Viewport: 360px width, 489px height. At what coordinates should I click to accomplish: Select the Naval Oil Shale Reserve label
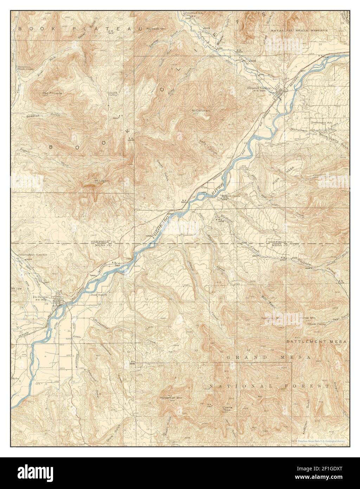pos(299,31)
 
